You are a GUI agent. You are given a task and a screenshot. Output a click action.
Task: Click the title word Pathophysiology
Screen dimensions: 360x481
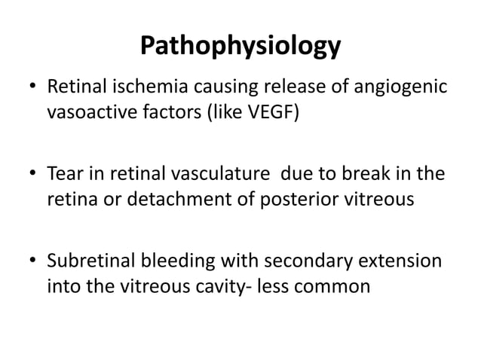[240, 47]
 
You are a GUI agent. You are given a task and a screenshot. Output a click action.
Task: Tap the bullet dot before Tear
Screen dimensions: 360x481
[30, 175]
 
